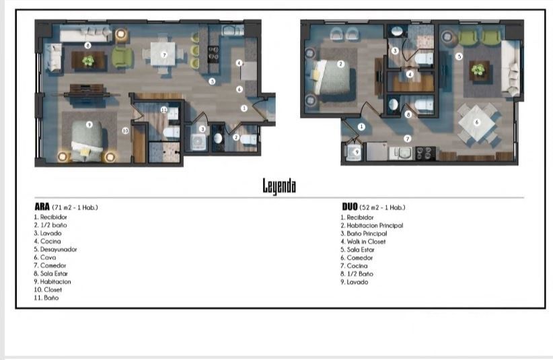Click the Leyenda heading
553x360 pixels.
point(279,186)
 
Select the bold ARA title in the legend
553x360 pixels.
point(42,207)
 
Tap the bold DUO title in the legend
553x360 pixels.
point(350,207)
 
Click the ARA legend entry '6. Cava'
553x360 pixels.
point(45,258)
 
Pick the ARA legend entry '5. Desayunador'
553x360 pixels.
point(55,249)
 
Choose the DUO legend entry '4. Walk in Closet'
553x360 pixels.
point(363,242)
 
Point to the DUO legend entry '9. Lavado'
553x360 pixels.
point(355,282)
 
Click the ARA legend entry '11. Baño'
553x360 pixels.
point(46,297)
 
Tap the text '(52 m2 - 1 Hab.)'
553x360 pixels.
point(382,207)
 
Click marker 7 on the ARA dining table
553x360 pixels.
point(164,55)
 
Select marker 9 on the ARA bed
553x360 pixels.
point(89,124)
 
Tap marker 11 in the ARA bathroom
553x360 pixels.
point(163,110)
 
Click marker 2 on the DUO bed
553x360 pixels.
point(340,64)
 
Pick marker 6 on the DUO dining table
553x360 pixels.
point(477,122)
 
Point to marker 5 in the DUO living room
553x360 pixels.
point(459,56)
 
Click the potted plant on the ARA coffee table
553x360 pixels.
point(88,61)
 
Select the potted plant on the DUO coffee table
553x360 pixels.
point(478,69)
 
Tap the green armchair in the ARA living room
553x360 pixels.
point(122,57)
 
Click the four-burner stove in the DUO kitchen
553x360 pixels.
point(425,153)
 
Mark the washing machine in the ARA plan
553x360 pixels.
point(198,142)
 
